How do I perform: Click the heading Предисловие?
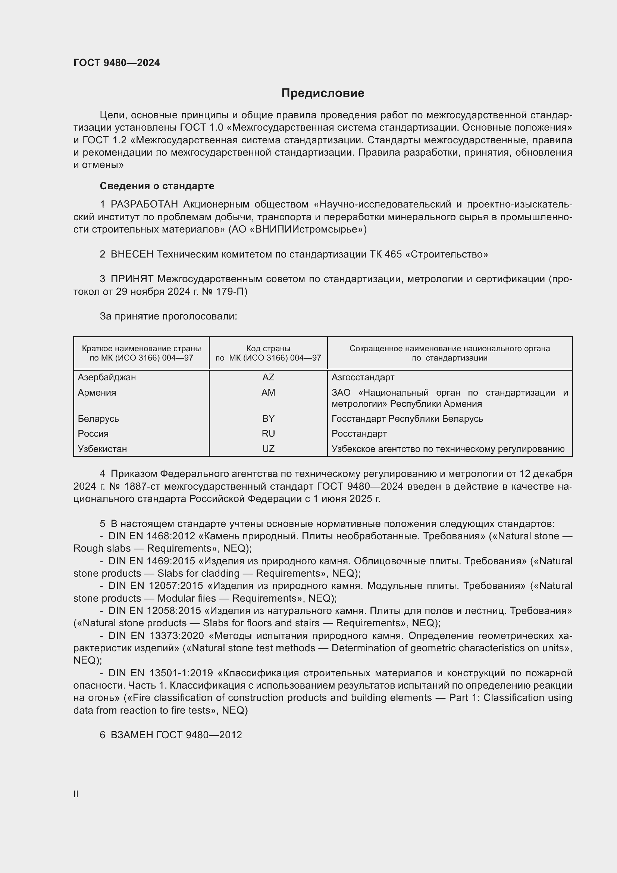pyautogui.click(x=323, y=93)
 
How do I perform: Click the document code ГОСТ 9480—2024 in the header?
pyautogui.click(x=117, y=63)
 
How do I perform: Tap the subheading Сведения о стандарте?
pyautogui.click(x=157, y=186)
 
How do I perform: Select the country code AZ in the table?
pyautogui.click(x=268, y=377)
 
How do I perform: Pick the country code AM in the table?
pyautogui.click(x=268, y=392)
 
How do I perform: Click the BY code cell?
pyautogui.click(x=268, y=419)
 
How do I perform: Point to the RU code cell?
pyautogui.click(x=268, y=433)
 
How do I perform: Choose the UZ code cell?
pyautogui.click(x=268, y=449)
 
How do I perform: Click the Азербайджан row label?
pyautogui.click(x=107, y=377)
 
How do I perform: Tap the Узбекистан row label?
pyautogui.click(x=102, y=449)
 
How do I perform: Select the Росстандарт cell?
pyautogui.click(x=359, y=433)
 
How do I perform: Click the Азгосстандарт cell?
pyautogui.click(x=363, y=377)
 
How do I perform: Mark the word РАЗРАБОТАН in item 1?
pyautogui.click(x=144, y=205)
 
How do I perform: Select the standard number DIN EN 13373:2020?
pyautogui.click(x=156, y=636)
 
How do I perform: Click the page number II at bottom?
pyautogui.click(x=76, y=794)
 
